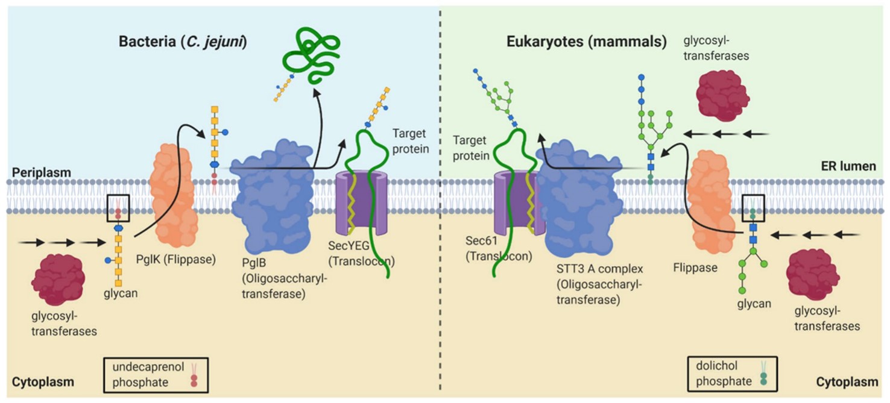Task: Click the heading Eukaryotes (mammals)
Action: [586, 43]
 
